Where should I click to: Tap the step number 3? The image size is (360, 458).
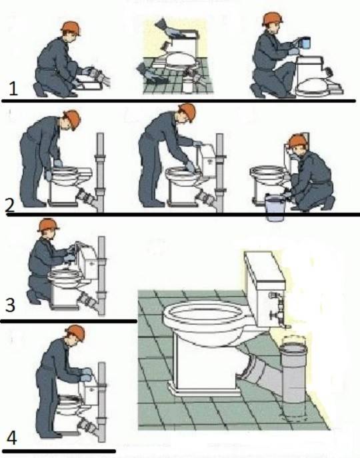click(9, 305)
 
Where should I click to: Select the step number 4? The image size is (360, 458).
click(11, 438)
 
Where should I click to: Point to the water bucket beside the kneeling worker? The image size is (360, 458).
click(275, 207)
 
